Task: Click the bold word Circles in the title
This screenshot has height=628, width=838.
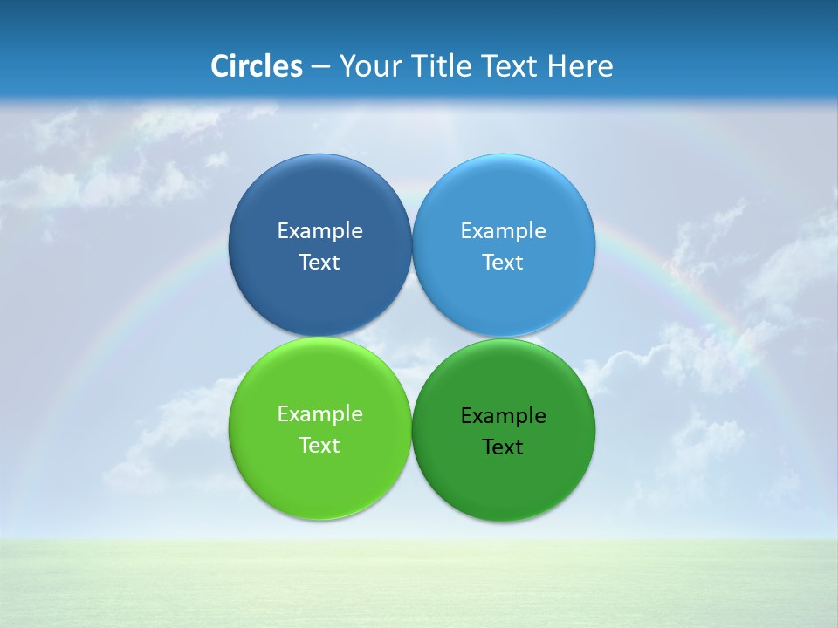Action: point(257,66)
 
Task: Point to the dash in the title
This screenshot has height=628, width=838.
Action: point(320,67)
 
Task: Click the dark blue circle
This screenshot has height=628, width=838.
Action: point(319,201)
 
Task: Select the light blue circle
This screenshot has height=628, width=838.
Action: point(504,201)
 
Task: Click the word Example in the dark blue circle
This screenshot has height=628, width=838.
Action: point(319,231)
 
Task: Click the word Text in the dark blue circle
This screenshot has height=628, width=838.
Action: point(319,263)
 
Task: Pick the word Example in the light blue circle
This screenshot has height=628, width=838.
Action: point(504,231)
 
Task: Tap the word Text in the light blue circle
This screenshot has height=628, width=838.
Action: point(504,263)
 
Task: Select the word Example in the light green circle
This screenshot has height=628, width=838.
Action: point(319,414)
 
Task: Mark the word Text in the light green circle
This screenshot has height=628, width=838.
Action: point(319,446)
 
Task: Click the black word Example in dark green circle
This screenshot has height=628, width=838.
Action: point(504,416)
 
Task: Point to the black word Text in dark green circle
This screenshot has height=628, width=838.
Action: point(504,447)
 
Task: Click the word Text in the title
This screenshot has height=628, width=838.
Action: point(511,66)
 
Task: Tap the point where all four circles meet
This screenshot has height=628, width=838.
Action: point(412,338)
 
